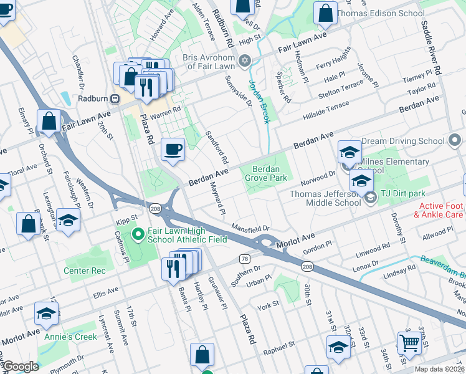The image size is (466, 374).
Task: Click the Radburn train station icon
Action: click(x=115, y=98)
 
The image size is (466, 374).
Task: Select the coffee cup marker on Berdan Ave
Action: click(x=173, y=150)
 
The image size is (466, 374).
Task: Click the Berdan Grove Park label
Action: click(x=270, y=173)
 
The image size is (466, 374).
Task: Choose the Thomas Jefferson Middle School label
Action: click(x=325, y=198)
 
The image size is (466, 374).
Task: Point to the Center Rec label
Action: click(x=88, y=271)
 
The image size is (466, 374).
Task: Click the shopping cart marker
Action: click(x=409, y=342)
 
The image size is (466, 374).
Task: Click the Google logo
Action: click(x=21, y=367)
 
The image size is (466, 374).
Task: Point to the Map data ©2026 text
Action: click(x=439, y=369)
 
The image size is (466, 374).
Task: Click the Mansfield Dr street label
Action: click(x=250, y=228)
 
